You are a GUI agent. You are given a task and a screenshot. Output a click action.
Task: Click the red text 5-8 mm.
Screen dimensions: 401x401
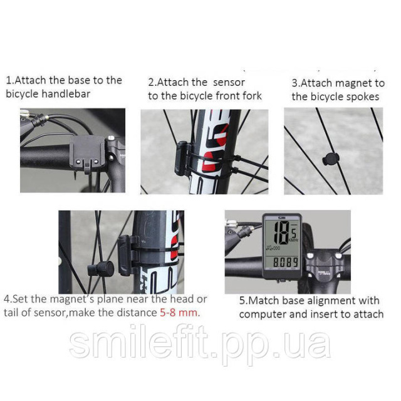click(180, 313)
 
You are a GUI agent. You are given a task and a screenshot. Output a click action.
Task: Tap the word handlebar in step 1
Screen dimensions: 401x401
click(66, 94)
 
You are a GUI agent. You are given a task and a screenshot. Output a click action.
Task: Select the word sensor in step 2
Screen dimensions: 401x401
click(229, 83)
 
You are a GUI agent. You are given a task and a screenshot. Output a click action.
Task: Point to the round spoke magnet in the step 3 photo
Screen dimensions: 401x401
click(330, 159)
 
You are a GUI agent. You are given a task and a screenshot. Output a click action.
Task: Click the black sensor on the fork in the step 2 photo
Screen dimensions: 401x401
click(182, 159)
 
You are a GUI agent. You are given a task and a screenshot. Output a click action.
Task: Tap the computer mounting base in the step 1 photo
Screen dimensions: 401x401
click(88, 154)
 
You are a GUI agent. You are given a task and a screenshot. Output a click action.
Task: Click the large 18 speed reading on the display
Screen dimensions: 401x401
click(281, 232)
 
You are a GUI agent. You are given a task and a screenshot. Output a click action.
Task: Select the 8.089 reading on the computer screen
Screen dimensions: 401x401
click(286, 263)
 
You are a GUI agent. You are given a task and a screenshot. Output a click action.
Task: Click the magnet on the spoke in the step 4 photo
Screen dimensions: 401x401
click(101, 269)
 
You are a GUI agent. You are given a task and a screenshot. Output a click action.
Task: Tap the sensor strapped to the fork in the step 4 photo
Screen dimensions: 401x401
click(128, 255)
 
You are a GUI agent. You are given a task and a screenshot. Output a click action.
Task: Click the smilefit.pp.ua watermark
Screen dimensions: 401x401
click(200, 342)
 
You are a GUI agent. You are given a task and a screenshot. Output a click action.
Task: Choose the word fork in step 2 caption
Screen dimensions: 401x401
click(251, 96)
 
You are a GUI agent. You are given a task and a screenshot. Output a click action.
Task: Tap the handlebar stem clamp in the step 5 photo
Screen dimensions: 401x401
click(324, 266)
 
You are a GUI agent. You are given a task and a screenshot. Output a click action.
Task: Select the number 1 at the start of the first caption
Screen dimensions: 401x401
click(8, 81)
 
